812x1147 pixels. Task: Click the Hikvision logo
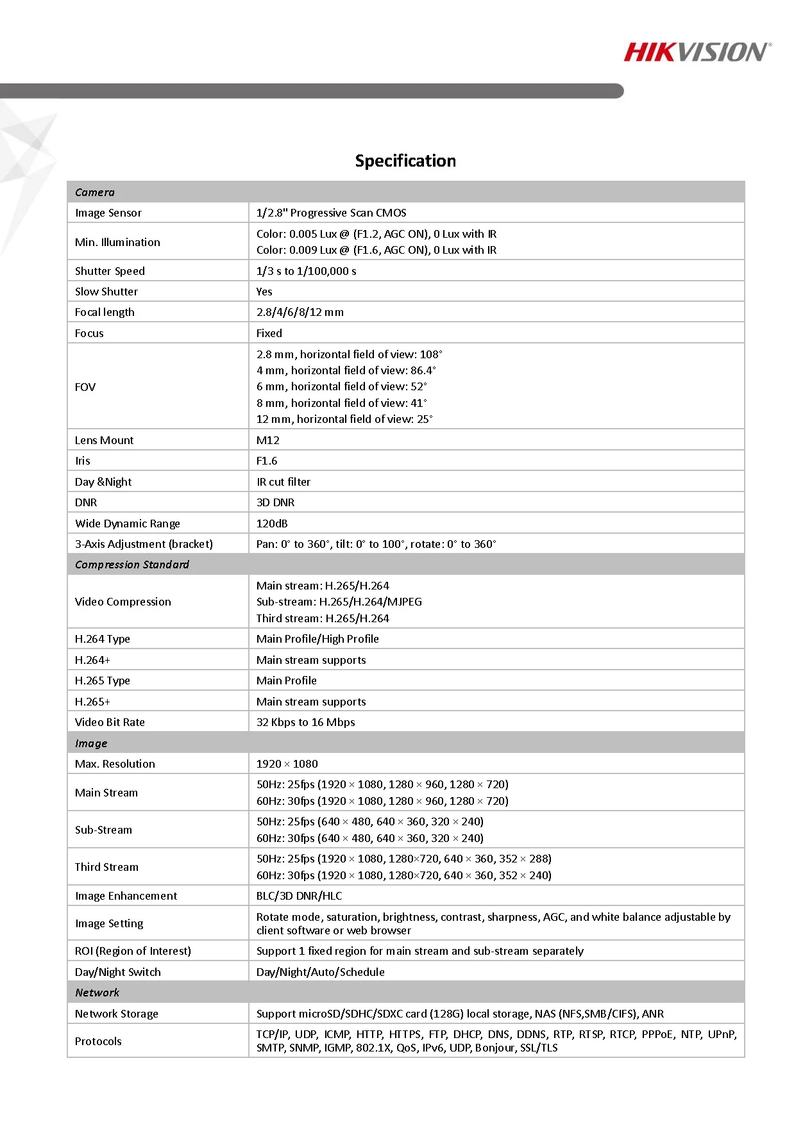(x=697, y=53)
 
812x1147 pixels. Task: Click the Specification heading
(x=405, y=161)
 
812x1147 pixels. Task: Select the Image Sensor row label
(x=108, y=213)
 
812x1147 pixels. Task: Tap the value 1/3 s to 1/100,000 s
(x=306, y=271)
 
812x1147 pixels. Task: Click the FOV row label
(x=85, y=387)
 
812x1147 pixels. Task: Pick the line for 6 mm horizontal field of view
(x=341, y=386)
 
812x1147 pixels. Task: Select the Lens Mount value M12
(x=267, y=440)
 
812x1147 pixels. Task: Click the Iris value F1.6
(x=267, y=461)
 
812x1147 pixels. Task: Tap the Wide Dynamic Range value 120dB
(x=272, y=524)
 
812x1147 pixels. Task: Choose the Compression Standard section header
(x=132, y=565)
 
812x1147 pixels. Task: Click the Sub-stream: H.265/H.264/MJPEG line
(x=339, y=602)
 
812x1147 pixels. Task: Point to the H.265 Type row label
(x=103, y=681)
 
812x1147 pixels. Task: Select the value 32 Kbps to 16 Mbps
(x=305, y=722)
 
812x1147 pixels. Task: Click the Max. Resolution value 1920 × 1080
(x=287, y=764)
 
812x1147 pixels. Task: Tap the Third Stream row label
(x=106, y=867)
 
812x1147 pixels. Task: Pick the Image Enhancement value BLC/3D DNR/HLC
(x=299, y=896)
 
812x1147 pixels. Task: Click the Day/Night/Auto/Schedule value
(x=320, y=972)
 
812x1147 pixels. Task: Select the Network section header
(x=97, y=993)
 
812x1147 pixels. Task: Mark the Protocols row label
(x=98, y=1041)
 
